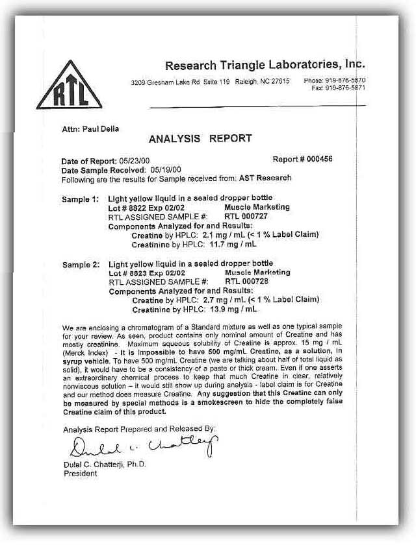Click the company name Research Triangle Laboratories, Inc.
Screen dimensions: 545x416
[x=265, y=65]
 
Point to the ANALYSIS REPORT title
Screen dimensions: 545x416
[x=200, y=138]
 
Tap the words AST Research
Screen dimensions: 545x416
[x=266, y=177]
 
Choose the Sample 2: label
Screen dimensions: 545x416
[x=82, y=264]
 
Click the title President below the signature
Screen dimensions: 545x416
[x=80, y=474]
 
